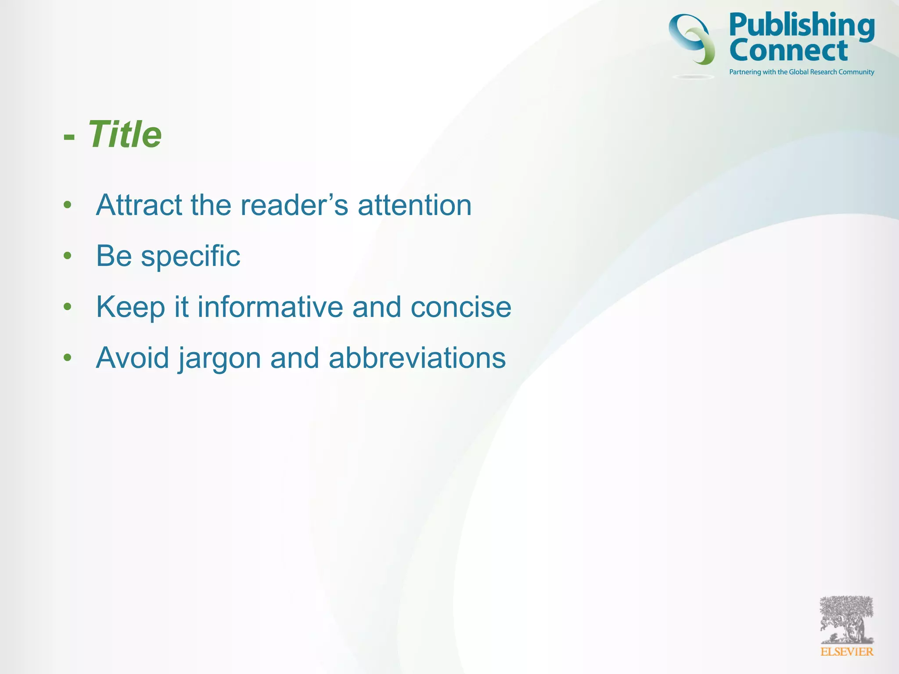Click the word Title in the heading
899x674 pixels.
pyautogui.click(x=125, y=134)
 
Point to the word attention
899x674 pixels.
pyautogui.click(x=414, y=205)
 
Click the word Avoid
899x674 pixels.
pyautogui.click(x=132, y=358)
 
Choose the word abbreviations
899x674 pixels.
pyautogui.click(x=417, y=358)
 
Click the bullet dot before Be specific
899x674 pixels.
pyautogui.click(x=67, y=255)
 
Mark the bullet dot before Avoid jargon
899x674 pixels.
pyautogui.click(x=67, y=357)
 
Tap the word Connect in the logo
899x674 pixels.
pyautogui.click(x=788, y=50)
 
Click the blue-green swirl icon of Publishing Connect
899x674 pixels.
pyautogui.click(x=692, y=39)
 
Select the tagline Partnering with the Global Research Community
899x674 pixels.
pyautogui.click(x=802, y=72)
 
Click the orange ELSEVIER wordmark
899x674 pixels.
pyautogui.click(x=847, y=652)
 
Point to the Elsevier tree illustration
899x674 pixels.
pyautogui.click(x=847, y=619)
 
